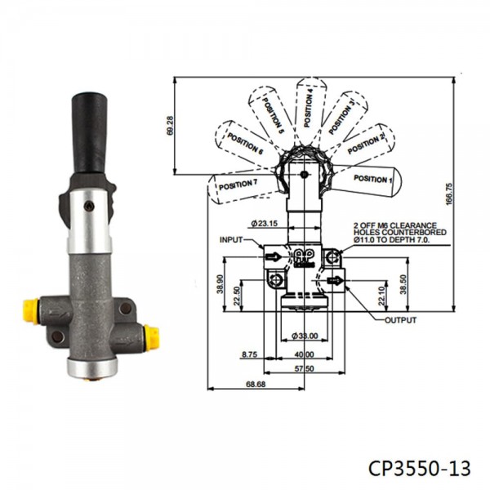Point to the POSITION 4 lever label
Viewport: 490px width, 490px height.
(x=309, y=105)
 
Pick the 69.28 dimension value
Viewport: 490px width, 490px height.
(x=169, y=125)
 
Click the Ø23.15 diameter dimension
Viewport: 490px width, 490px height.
(x=265, y=223)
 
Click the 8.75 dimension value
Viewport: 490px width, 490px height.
(x=250, y=354)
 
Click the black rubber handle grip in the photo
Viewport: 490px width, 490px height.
(x=91, y=131)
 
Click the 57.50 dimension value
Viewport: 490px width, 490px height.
(x=305, y=369)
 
